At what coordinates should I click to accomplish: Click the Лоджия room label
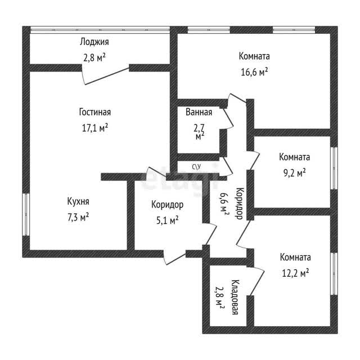click(x=94, y=43)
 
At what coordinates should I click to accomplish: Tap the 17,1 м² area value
click(x=95, y=128)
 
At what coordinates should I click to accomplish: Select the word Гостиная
click(x=95, y=112)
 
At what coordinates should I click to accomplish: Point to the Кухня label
click(x=78, y=201)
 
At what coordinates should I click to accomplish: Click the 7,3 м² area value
click(x=78, y=217)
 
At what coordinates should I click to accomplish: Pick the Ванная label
click(x=199, y=112)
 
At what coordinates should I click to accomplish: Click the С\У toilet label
click(x=196, y=167)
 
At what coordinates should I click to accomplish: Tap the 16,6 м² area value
click(x=254, y=72)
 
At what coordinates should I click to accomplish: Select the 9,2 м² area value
click(x=294, y=173)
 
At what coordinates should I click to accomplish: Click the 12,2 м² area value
click(x=295, y=273)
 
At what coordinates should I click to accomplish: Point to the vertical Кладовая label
click(x=235, y=297)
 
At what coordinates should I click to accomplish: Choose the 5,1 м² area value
click(x=168, y=220)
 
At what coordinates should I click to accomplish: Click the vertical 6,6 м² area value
click(x=224, y=203)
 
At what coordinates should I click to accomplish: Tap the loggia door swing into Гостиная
click(x=106, y=75)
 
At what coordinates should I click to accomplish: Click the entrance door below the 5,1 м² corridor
click(x=174, y=258)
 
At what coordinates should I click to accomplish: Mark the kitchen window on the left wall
click(x=26, y=214)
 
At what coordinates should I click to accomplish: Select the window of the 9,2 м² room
click(x=334, y=168)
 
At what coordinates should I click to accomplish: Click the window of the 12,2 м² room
click(x=334, y=274)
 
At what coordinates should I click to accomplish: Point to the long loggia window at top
click(x=100, y=30)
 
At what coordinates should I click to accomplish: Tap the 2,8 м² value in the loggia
click(x=94, y=57)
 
